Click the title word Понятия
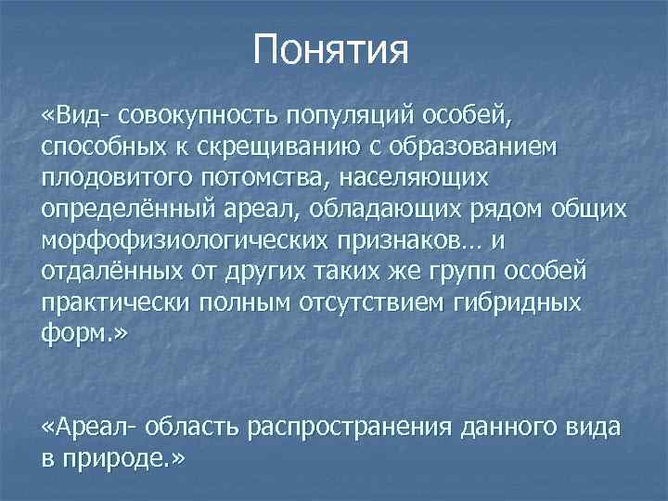pos(331,48)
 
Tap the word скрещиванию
pos(283,149)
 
